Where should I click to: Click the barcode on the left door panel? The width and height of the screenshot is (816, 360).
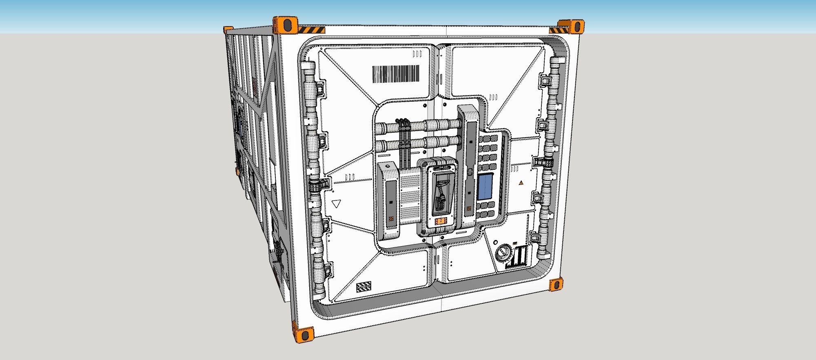395,74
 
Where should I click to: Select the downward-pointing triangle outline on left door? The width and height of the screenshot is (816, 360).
337,204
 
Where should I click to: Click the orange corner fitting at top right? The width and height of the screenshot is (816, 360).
573,26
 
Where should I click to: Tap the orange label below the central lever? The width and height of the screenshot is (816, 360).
441,222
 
